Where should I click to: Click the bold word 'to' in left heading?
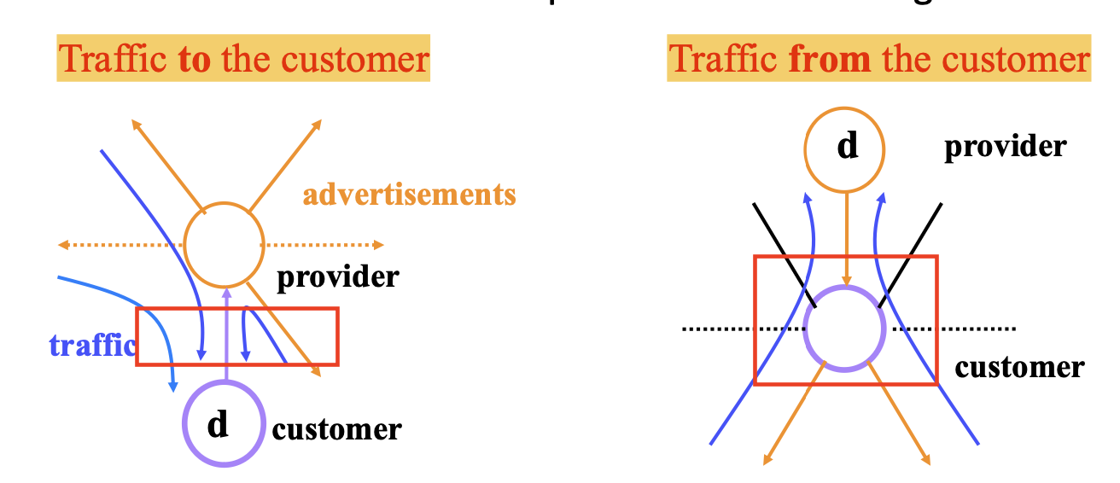[195, 60]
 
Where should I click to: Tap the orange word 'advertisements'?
[409, 195]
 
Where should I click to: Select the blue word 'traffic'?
[92, 345]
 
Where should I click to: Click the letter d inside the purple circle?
[219, 423]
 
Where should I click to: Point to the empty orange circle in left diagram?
[225, 244]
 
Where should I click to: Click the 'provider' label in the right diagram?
[1005, 147]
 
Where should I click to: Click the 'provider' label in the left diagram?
[337, 276]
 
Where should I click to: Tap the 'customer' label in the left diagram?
[336, 428]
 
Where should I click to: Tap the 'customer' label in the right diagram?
[1019, 367]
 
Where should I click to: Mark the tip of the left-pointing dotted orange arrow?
[61, 246]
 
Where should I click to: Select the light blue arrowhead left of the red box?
[173, 387]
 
